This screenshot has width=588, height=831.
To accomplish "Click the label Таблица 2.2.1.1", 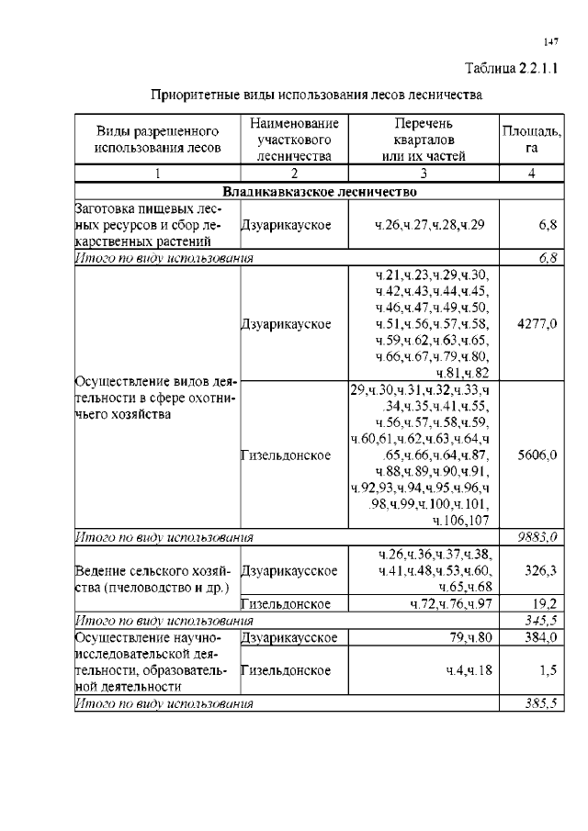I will point(513,68).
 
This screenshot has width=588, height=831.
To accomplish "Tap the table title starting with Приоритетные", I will point(316,94).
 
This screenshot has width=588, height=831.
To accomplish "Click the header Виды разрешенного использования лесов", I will point(157,140).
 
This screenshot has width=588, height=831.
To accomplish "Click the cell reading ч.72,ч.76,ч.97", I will point(450,603).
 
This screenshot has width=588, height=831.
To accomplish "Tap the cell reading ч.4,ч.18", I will point(469,670).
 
